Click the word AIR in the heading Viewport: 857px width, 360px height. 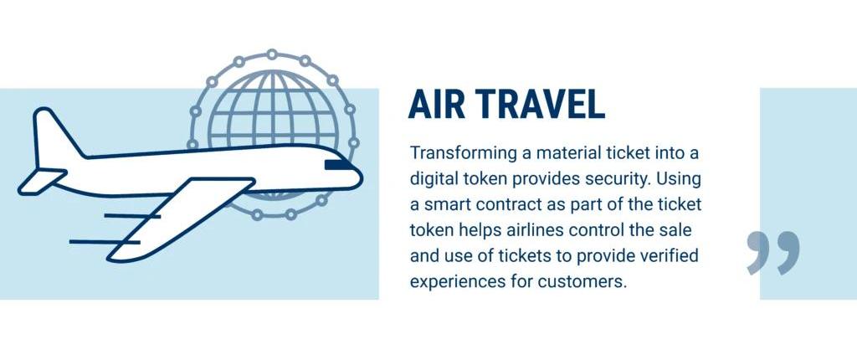pos(435,104)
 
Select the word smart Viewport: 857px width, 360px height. pos(447,205)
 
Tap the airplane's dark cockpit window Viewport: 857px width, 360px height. pos(339,165)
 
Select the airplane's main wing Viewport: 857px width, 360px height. pos(181,219)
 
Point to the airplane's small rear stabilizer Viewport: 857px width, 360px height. pos(42,181)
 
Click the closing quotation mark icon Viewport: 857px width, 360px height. pos(772,252)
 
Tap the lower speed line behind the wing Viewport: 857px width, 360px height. pos(105,241)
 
